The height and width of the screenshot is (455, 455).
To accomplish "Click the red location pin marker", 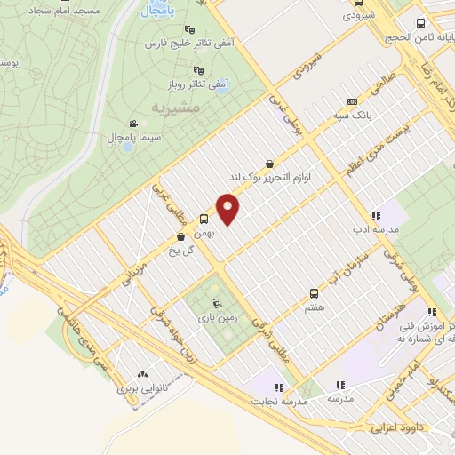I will (x=228, y=209).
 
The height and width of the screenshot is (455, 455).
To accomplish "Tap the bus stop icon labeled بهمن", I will (x=204, y=219).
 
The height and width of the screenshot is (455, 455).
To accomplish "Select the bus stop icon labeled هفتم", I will (x=313, y=292).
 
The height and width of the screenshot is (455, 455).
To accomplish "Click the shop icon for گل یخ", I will (x=181, y=236).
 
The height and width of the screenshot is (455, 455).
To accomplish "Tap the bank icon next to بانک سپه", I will (x=352, y=101).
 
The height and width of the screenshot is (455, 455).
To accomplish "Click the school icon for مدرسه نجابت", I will (x=279, y=387).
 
